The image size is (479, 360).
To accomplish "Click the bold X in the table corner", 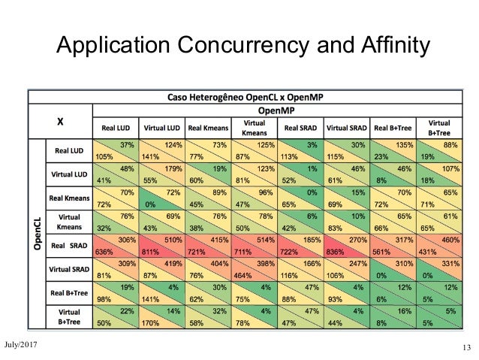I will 60,119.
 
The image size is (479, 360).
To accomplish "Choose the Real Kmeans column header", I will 209,128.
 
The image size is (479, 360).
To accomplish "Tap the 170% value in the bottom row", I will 153,322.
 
